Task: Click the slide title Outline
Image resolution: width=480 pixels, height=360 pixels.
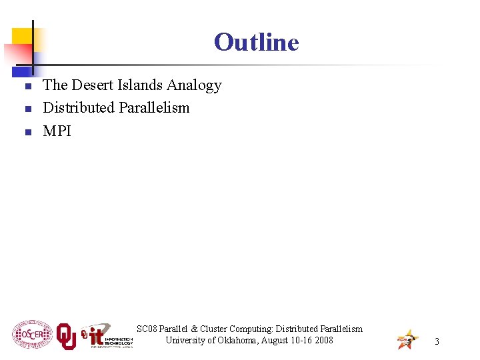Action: click(257, 42)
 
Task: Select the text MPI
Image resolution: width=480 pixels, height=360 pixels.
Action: click(57, 131)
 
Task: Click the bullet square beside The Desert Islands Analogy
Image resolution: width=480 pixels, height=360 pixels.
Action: click(27, 87)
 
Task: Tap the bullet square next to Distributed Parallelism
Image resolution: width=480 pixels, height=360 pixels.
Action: click(27, 109)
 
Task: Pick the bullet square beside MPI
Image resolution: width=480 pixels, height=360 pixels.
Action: click(27, 132)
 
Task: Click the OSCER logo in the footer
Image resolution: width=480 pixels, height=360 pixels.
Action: click(32, 335)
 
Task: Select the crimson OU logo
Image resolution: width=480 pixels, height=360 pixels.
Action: click(66, 337)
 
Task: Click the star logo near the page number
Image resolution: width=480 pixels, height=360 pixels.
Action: click(407, 339)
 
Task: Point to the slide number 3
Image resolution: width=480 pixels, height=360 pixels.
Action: click(437, 341)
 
